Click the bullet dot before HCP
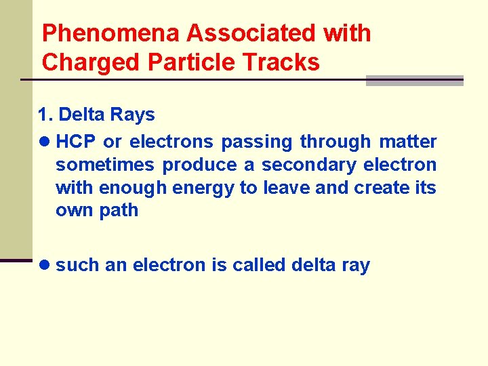[x=44, y=142]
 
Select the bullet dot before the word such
[x=44, y=265]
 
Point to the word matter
[x=408, y=142]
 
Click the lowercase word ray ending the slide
[x=355, y=265]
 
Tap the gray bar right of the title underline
[x=414, y=81]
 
